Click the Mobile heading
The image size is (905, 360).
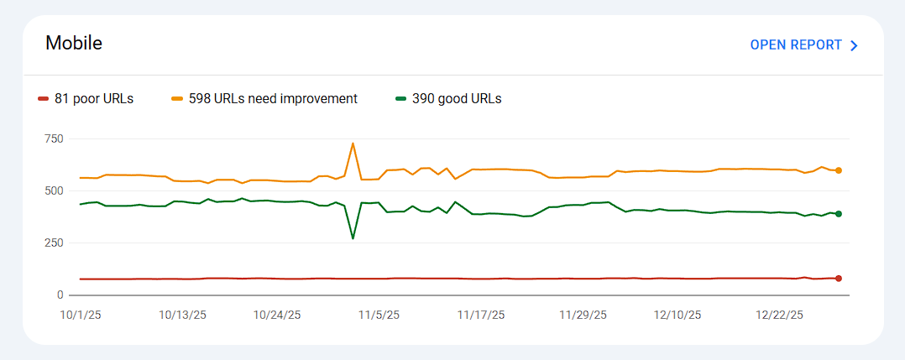(x=74, y=43)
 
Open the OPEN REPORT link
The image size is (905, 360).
(x=796, y=45)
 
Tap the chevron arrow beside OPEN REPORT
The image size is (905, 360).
(x=855, y=45)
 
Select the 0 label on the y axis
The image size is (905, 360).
(x=60, y=295)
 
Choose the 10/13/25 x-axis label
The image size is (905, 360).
(x=182, y=315)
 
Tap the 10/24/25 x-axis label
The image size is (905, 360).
(x=277, y=315)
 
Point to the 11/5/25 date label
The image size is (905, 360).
(x=379, y=315)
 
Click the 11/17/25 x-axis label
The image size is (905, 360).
(x=481, y=315)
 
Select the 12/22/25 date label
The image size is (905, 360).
(x=780, y=315)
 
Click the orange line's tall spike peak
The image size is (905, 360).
(x=353, y=143)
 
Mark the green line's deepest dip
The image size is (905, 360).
(x=353, y=238)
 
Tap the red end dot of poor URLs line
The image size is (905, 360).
(x=838, y=278)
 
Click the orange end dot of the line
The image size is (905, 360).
(x=838, y=170)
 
